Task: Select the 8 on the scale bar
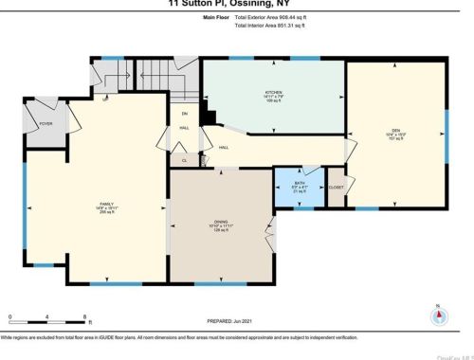(85, 315)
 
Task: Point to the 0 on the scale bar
(9, 315)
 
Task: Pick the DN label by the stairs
(185, 115)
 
